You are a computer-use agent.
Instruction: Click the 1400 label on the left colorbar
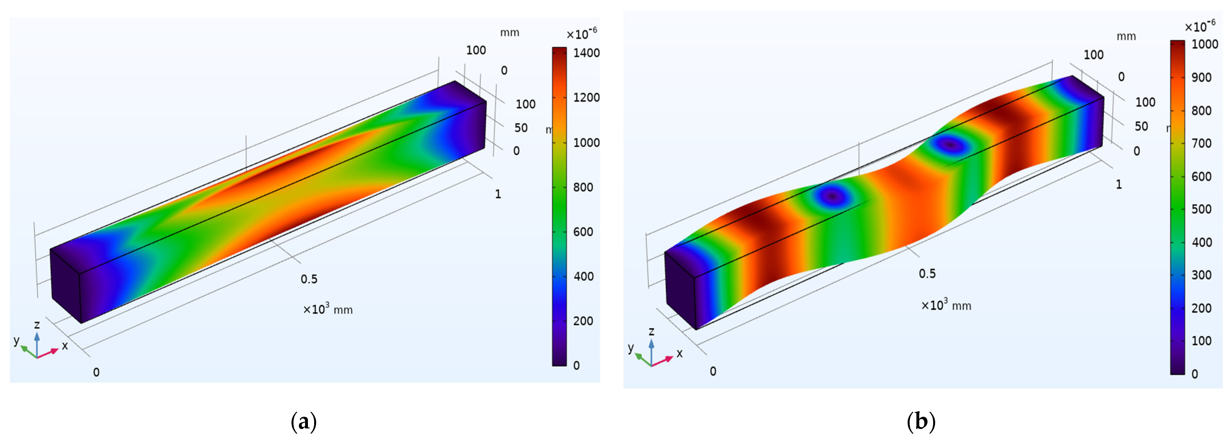click(x=586, y=53)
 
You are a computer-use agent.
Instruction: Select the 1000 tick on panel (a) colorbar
click(x=586, y=143)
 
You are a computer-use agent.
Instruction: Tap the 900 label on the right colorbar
click(x=1201, y=78)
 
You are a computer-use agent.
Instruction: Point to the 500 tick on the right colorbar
click(x=1201, y=209)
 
